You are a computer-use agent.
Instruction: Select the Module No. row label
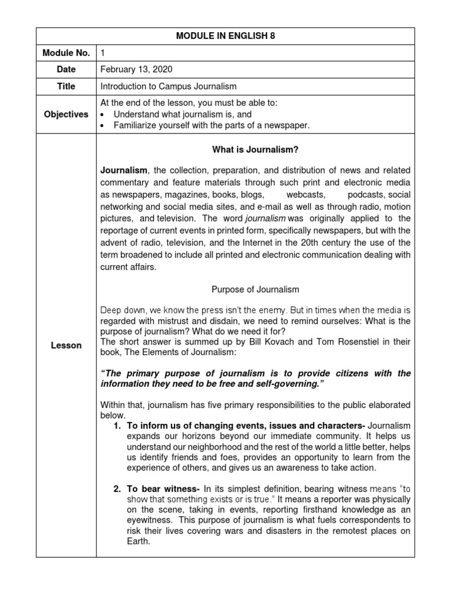pos(66,53)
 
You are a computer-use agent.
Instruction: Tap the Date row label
pos(66,69)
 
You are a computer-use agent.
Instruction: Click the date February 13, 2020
pos(137,69)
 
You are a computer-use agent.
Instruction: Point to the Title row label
pos(66,86)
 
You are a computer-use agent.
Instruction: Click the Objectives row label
pos(66,114)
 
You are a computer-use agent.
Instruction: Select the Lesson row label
pos(66,345)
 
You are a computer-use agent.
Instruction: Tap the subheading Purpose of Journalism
pos(255,289)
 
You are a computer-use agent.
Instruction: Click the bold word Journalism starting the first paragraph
pos(124,170)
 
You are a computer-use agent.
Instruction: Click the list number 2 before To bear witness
pos(117,488)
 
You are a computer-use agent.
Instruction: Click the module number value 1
pos(103,53)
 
